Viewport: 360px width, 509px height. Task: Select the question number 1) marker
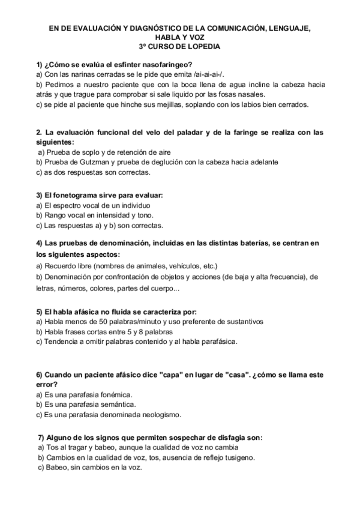39,64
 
